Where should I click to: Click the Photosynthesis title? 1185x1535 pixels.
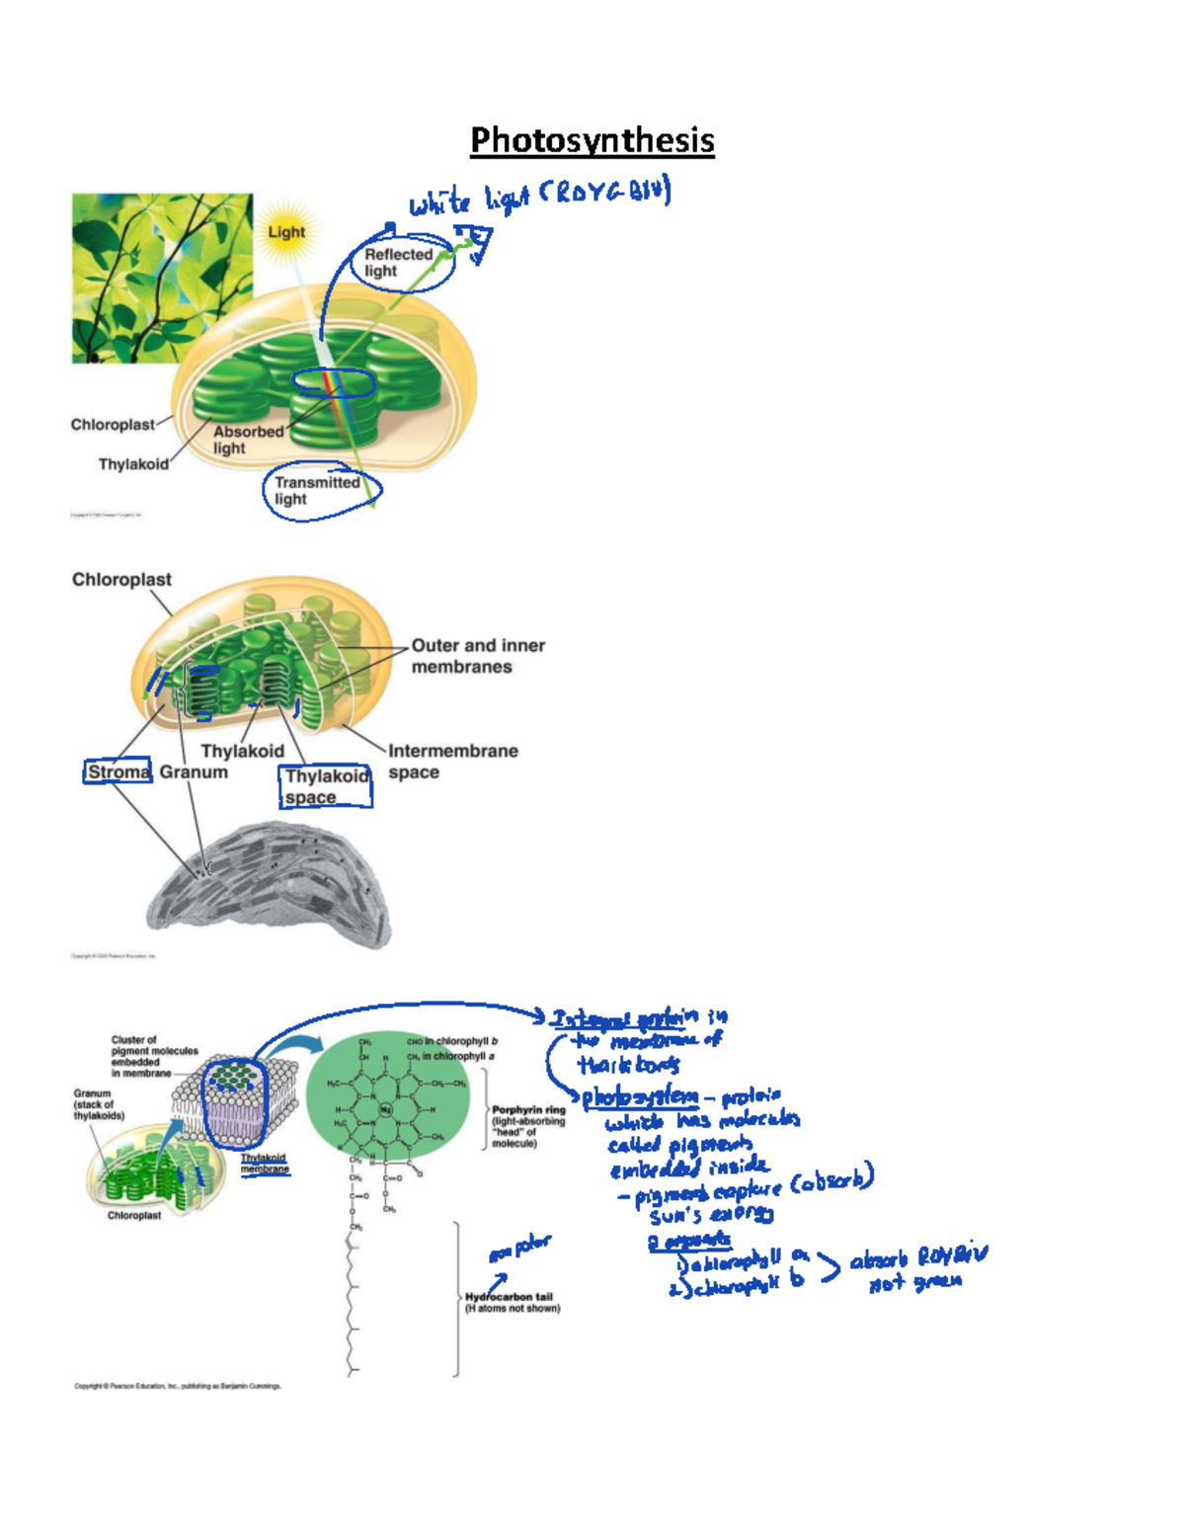pyautogui.click(x=592, y=140)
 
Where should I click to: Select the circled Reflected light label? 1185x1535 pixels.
pyautogui.click(x=399, y=262)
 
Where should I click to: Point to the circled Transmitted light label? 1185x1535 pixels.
pyautogui.click(x=317, y=490)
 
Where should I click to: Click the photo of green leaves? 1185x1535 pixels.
pyautogui.click(x=161, y=278)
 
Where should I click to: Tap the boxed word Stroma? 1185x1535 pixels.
pyautogui.click(x=118, y=771)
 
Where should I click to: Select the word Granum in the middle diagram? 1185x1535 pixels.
pyautogui.click(x=194, y=772)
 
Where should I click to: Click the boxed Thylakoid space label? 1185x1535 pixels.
pyautogui.click(x=326, y=786)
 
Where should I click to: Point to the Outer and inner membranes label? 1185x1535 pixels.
pyautogui.click(x=478, y=656)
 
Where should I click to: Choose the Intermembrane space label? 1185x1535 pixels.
pyautogui.click(x=452, y=762)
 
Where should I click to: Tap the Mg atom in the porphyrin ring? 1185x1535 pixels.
pyautogui.click(x=386, y=1109)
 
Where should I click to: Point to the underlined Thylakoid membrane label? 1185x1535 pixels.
pyautogui.click(x=264, y=1163)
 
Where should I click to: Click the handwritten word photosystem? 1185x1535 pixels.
pyautogui.click(x=639, y=1096)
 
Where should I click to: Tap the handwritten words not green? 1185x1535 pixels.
pyautogui.click(x=914, y=1283)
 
